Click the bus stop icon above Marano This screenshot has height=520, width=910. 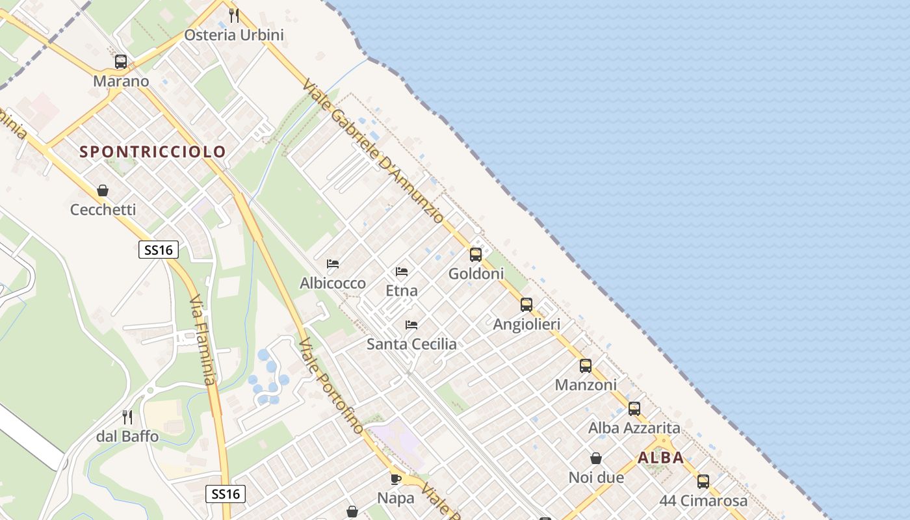pos(121,62)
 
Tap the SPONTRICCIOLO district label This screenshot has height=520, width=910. pos(153,152)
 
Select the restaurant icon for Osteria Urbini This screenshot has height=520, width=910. pos(234,15)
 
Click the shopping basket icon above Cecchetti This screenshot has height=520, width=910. pos(103,190)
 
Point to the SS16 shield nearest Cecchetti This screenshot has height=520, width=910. pos(159,250)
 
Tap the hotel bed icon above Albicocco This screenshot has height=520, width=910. pos(333,264)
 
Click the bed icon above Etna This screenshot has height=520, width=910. pos(402,271)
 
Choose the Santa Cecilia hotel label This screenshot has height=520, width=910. pos(411,344)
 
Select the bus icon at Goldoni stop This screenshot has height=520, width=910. pos(476,254)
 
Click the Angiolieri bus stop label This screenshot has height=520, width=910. pos(526,324)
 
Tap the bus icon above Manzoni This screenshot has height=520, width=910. pos(586,365)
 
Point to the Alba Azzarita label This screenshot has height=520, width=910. pos(634,428)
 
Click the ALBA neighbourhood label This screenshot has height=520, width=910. pos(660,458)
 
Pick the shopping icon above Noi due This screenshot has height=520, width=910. pos(596,458)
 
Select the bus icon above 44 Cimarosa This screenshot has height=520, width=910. pos(703,482)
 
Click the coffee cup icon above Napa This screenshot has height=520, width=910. pos(395,479)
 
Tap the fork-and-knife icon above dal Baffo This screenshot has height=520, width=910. pos(127,417)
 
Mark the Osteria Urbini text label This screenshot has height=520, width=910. pos(234,35)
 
